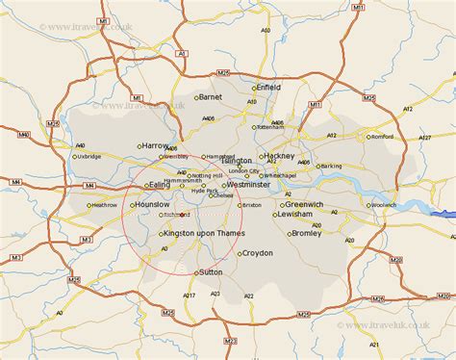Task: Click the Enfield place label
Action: pyautogui.click(x=268, y=87)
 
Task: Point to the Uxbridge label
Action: pyautogui.click(x=88, y=156)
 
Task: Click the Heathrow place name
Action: pyautogui.click(x=103, y=205)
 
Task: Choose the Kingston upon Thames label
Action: pyautogui.click(x=204, y=234)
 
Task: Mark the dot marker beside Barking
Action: pyautogui.click(x=314, y=166)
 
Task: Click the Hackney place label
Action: pyautogui.click(x=280, y=155)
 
